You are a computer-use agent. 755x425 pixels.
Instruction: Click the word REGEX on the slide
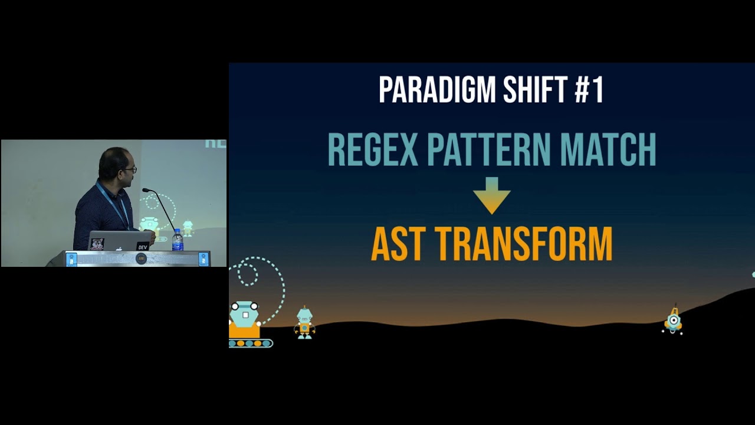click(373, 150)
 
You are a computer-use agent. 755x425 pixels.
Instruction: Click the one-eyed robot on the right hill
click(673, 321)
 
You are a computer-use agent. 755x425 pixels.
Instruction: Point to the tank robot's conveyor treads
click(250, 343)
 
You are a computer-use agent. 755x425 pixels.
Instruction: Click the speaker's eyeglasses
click(131, 169)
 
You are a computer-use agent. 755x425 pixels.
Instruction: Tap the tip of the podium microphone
click(145, 190)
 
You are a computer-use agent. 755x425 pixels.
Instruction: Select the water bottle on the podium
click(177, 241)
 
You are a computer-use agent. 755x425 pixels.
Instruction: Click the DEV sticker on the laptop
click(142, 246)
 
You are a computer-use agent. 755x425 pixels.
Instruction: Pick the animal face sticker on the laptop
click(97, 244)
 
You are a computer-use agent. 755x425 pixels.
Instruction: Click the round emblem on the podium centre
click(141, 259)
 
